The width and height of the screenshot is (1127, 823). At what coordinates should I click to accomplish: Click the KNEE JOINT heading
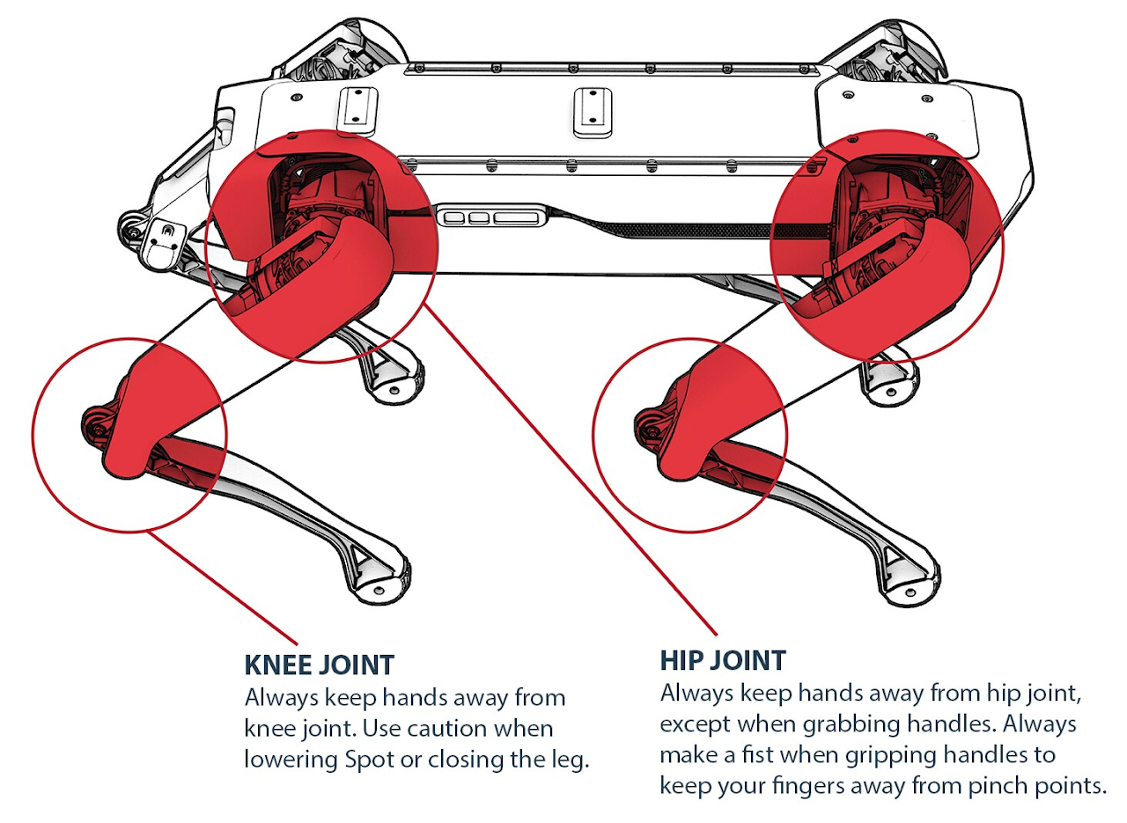pyautogui.click(x=319, y=664)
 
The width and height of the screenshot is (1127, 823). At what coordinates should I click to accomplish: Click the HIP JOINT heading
pyautogui.click(x=723, y=660)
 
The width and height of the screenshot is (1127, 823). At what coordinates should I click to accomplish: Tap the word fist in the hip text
pyautogui.click(x=787, y=756)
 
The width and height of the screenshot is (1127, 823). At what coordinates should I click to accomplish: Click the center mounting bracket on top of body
pyautogui.click(x=592, y=111)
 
